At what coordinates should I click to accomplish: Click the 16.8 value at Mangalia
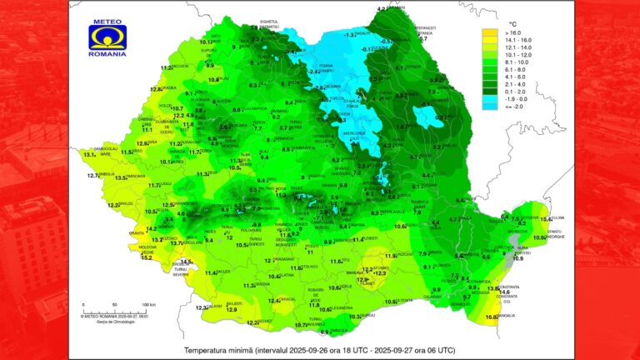[491, 317]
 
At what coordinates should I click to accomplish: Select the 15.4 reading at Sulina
[546, 218]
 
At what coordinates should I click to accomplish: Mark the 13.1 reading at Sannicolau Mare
[89, 154]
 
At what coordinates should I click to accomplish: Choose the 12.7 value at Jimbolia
[93, 176]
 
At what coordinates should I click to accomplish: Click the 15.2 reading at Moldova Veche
[147, 257]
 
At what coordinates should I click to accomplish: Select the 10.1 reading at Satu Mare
[206, 41]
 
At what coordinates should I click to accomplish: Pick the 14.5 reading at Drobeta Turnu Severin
[186, 263]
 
